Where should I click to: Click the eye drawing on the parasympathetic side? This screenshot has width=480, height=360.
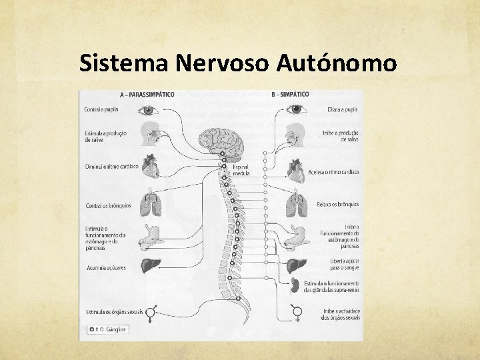point(147,109)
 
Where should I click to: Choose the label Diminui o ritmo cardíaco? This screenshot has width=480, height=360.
point(111,167)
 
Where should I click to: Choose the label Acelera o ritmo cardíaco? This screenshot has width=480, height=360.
point(333,172)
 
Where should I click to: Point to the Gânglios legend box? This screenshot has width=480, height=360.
point(108,329)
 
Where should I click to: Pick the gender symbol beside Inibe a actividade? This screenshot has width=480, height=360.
point(297,313)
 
